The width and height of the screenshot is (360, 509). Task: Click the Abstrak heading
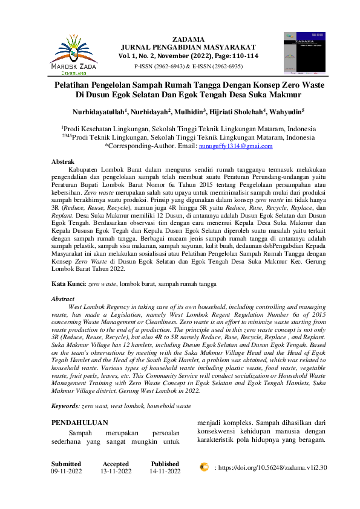(x=63, y=163)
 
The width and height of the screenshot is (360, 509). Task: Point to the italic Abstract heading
(x=63, y=299)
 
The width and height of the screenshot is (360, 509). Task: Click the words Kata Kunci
(x=67, y=283)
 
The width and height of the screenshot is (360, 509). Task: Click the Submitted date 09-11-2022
(x=66, y=470)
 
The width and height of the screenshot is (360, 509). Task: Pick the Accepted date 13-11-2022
(x=116, y=470)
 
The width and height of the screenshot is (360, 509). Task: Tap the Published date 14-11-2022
(x=165, y=470)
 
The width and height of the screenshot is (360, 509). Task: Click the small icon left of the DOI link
(x=203, y=467)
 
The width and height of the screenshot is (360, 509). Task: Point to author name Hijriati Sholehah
(x=238, y=112)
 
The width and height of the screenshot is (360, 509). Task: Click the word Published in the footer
(x=165, y=463)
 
